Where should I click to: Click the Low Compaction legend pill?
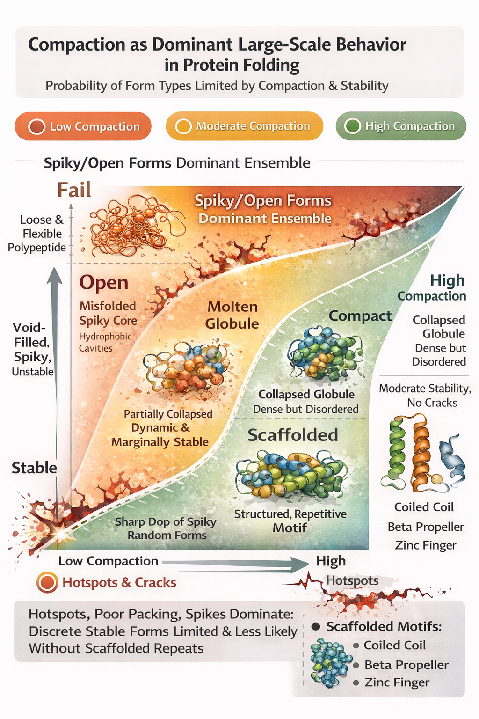point(83,126)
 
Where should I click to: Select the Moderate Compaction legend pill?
point(244,126)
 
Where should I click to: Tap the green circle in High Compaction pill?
point(353,126)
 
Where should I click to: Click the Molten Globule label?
point(232,315)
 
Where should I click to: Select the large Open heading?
point(104,283)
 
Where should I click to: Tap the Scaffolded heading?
point(293,435)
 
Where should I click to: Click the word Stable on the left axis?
point(34,468)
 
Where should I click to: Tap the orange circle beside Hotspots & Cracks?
point(47,582)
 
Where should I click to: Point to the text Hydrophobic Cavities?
point(105,342)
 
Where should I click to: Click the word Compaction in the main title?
point(77,44)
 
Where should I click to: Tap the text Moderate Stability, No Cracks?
point(425,396)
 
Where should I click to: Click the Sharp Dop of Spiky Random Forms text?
point(166,528)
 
